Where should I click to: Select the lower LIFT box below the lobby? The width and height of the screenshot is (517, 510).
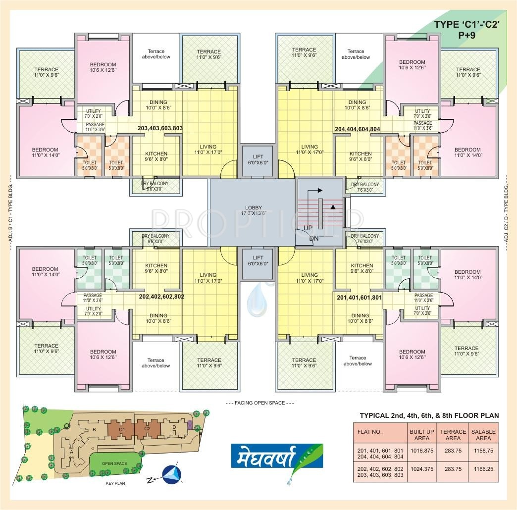258,261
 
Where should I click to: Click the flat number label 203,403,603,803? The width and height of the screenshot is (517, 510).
160,128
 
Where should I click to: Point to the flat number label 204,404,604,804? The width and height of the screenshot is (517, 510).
358,129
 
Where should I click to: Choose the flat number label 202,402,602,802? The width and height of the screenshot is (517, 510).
161,297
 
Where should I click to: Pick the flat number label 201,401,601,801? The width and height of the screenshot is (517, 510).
359,298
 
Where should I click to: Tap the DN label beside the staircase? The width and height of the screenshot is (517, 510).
313,238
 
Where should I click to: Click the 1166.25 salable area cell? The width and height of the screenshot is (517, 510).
483,468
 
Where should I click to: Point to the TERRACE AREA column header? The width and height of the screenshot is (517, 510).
453,435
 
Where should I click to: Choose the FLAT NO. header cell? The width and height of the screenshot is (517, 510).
369,432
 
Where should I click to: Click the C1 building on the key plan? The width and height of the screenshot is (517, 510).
121,429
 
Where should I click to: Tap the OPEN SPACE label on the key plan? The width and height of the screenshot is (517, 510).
114,463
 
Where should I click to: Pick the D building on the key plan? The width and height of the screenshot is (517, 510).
174,427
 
